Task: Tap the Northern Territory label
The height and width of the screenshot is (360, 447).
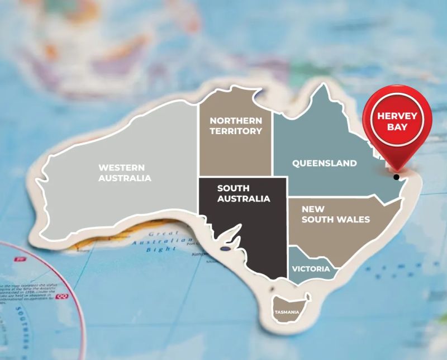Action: coord(236,126)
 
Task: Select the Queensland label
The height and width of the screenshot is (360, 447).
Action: coord(325,163)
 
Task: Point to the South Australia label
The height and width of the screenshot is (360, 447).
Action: coord(244,193)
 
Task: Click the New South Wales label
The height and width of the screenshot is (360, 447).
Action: coord(335,214)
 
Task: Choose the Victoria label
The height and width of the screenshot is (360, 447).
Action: coord(311,269)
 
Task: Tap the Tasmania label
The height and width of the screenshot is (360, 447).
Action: coord(286,312)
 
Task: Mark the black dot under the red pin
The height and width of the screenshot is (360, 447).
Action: coord(396,177)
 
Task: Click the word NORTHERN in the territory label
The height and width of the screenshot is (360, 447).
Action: coord(236,121)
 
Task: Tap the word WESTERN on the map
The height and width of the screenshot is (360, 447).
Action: coord(122,167)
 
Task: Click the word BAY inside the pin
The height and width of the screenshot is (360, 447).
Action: coord(397,127)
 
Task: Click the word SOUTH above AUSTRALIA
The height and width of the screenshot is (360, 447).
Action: coord(234,188)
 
